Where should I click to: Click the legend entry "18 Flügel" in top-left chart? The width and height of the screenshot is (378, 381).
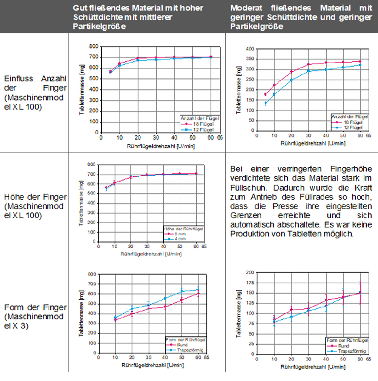203,124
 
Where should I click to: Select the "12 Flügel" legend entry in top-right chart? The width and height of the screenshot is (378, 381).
353,128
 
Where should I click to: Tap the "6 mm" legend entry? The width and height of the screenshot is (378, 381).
180,234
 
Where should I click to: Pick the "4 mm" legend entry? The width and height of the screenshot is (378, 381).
180,239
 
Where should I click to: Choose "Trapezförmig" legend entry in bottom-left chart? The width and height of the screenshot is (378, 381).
190,350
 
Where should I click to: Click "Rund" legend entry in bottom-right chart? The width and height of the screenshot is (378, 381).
344,346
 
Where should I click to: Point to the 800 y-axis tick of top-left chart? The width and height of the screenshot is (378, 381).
94,46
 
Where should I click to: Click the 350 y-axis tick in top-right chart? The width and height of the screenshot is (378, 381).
250,59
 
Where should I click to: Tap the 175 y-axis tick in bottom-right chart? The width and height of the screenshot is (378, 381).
250,283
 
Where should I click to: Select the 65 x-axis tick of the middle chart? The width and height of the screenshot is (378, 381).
204,247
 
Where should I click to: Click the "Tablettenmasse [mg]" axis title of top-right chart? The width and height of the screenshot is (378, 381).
238,90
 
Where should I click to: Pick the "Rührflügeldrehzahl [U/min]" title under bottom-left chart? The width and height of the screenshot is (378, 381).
153,365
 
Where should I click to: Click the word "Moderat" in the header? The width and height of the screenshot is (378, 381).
246,8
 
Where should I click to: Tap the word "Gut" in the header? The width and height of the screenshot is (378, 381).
79,8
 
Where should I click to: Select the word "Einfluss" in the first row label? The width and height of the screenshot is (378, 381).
19,79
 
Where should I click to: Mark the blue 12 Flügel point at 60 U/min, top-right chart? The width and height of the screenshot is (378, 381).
360,65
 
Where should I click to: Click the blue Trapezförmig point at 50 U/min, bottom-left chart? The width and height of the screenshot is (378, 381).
182,291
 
